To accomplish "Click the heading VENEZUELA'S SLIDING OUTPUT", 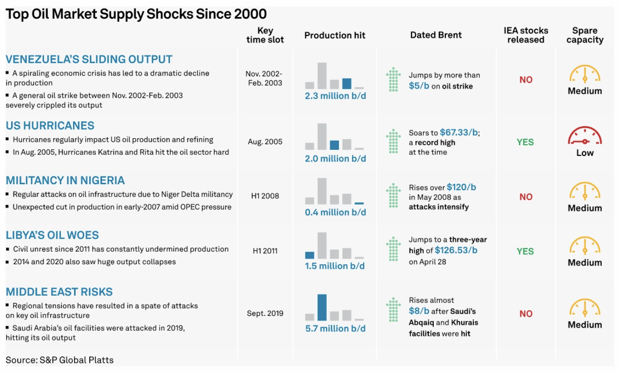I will (89, 60).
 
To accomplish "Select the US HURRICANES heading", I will (50, 126).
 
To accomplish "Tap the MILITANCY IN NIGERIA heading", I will (65, 180).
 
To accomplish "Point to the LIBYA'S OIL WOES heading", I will (52, 235).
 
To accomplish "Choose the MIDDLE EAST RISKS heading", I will (59, 292).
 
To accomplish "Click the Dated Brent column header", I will (436, 35).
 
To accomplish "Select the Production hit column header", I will (335, 35).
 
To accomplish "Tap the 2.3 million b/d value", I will (335, 96).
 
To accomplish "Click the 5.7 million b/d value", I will (335, 328).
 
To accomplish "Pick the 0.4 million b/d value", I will (335, 212).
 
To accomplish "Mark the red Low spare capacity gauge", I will (585, 135).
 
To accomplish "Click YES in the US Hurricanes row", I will (525, 142).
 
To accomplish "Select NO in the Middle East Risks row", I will (525, 314).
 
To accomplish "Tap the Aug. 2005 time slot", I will (265, 142).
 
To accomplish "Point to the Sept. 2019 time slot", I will (265, 313).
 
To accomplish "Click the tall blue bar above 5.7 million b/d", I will (322, 307).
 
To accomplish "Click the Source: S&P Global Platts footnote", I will (60, 360).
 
